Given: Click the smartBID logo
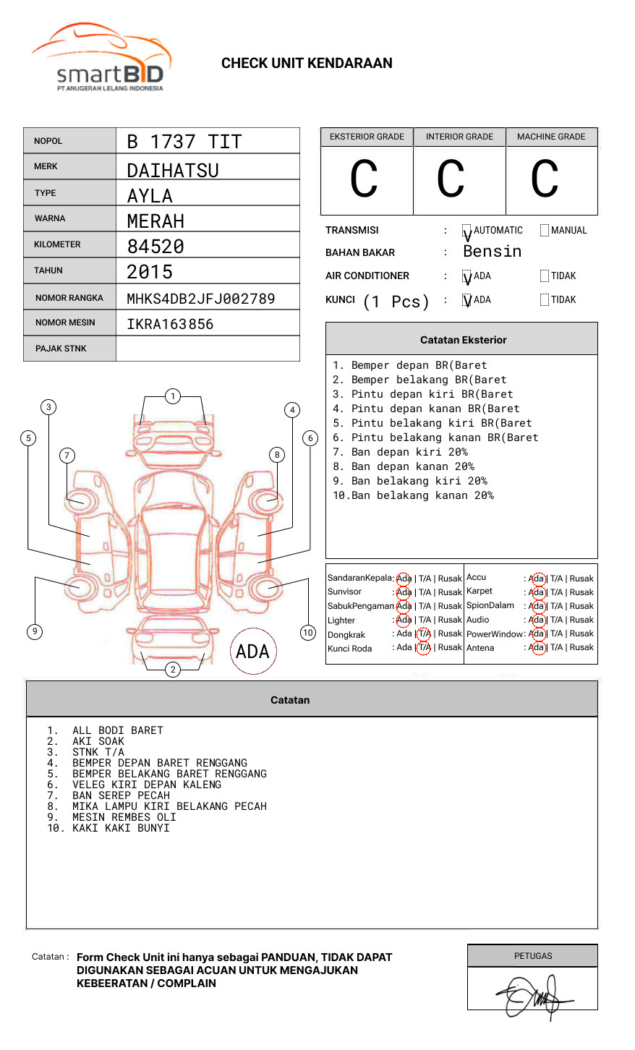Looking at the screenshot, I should pyautogui.click(x=101, y=58).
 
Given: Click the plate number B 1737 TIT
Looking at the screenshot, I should pyautogui.click(x=184, y=142).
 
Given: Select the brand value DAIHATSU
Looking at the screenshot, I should pyautogui.click(x=172, y=171).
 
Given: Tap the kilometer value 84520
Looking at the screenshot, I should pyautogui.click(x=155, y=247).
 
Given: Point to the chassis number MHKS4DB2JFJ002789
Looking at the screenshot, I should pyautogui.click(x=200, y=299).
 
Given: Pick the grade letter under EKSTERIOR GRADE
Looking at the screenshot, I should pyautogui.click(x=364, y=179).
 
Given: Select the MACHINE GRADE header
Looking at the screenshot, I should pyautogui.click(x=551, y=137).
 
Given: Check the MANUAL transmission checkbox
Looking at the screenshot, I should pyautogui.click(x=545, y=231).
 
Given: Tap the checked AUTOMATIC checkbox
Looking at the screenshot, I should pyautogui.click(x=466, y=231).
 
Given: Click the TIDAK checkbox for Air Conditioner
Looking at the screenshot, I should pyautogui.click(x=545, y=276).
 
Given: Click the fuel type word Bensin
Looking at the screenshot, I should pyautogui.click(x=492, y=252).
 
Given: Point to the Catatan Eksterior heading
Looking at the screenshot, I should pyautogui.click(x=463, y=340).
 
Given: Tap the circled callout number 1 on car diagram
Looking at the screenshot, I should pyautogui.click(x=172, y=396).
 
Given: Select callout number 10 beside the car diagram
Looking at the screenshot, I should pyautogui.click(x=308, y=633).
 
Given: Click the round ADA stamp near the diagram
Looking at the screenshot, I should pyautogui.click(x=252, y=651).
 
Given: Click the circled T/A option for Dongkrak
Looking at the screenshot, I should pyautogui.click(x=424, y=634).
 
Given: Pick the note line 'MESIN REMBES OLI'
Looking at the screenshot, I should pyautogui.click(x=124, y=817).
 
